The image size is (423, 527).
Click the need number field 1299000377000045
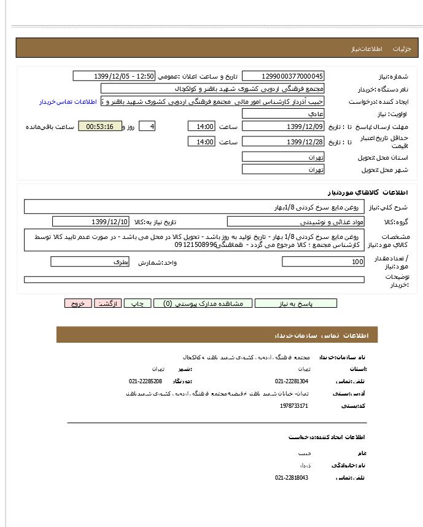[x=283, y=76]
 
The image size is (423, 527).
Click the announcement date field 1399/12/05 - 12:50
[x=114, y=76]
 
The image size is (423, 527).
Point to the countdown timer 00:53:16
[x=99, y=127]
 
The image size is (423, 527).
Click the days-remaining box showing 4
[x=147, y=127]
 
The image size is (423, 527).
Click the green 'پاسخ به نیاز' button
[x=296, y=303]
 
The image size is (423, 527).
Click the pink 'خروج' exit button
[x=78, y=303]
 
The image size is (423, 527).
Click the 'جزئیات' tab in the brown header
[x=402, y=49]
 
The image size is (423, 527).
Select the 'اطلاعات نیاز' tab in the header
[x=367, y=49]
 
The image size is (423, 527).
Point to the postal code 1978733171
[x=294, y=406]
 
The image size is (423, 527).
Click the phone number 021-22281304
[x=292, y=381]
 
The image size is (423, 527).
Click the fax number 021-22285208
[x=146, y=381]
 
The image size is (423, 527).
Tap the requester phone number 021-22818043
[x=292, y=477]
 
